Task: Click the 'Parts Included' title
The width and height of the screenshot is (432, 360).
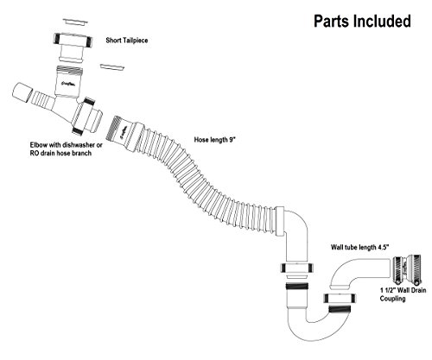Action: pyautogui.click(x=362, y=22)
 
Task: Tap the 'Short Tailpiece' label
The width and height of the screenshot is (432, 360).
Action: pyautogui.click(x=127, y=41)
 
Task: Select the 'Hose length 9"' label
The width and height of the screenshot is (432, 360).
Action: pyautogui.click(x=215, y=140)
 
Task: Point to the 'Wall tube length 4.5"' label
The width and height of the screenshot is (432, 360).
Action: pyautogui.click(x=360, y=247)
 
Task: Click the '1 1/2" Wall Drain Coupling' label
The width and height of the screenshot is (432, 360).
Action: pyautogui.click(x=403, y=294)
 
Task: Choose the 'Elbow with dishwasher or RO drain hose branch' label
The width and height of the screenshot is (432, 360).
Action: pyautogui.click(x=67, y=148)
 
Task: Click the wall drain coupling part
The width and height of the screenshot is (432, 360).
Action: pyautogui.click(x=407, y=269)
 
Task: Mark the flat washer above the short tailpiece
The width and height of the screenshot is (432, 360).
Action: pyautogui.click(x=74, y=22)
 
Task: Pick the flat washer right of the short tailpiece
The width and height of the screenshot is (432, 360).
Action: pyautogui.click(x=112, y=67)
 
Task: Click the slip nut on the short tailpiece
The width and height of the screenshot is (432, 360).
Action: pyautogui.click(x=73, y=39)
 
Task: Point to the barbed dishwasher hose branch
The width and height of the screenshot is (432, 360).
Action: pyautogui.click(x=43, y=98)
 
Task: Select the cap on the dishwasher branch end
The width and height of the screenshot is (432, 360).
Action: pyautogui.click(x=22, y=92)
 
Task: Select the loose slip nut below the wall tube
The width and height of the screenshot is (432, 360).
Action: pyautogui.click(x=340, y=298)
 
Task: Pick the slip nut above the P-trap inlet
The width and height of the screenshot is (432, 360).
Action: pyautogui.click(x=296, y=268)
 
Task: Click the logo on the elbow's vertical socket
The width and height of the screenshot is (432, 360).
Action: pyautogui.click(x=69, y=84)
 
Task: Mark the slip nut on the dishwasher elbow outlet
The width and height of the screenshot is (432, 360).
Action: pyautogui.click(x=84, y=116)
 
